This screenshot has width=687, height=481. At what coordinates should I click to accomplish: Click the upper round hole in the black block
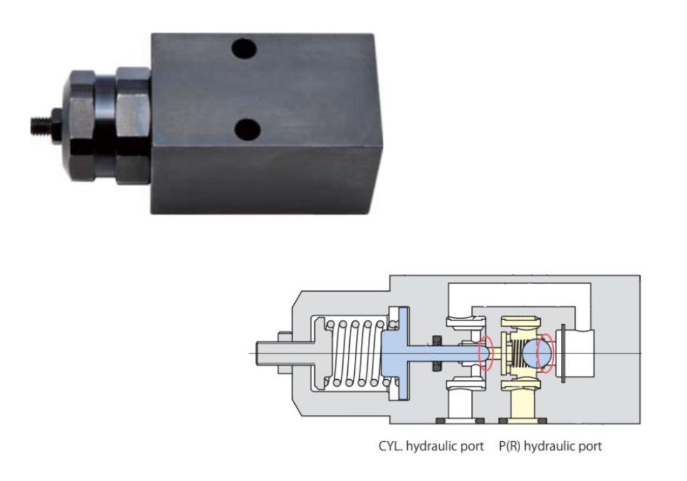[244, 49]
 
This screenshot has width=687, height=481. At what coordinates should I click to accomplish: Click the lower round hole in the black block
[247, 129]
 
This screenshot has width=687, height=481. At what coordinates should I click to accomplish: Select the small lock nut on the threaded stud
[56, 126]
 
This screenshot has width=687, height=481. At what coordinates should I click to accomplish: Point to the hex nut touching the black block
[133, 126]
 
